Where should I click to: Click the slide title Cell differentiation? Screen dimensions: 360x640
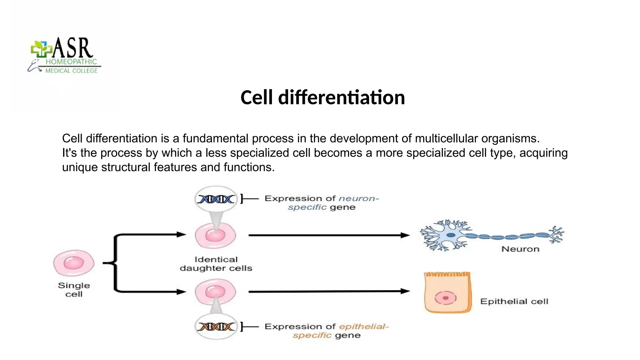(x=322, y=97)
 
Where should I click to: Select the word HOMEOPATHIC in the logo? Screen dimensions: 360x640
(x=71, y=62)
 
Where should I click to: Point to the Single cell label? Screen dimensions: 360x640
(x=74, y=289)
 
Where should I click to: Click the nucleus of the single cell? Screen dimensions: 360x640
(x=74, y=263)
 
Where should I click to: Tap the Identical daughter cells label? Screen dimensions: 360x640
(x=216, y=264)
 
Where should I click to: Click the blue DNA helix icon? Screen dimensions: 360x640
(x=216, y=199)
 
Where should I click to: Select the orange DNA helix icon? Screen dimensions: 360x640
(x=216, y=327)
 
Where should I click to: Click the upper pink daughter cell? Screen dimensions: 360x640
(x=216, y=235)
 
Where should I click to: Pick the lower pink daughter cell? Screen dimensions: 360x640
(x=216, y=292)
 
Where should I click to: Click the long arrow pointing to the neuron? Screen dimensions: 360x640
(x=328, y=235)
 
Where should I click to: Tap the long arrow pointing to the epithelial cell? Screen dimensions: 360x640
(x=328, y=291)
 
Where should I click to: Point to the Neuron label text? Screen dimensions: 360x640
(x=520, y=249)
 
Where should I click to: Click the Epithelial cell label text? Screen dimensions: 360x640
(x=514, y=302)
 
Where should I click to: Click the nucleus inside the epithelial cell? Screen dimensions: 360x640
(x=446, y=298)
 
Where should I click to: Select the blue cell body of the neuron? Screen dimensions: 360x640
(x=451, y=235)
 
